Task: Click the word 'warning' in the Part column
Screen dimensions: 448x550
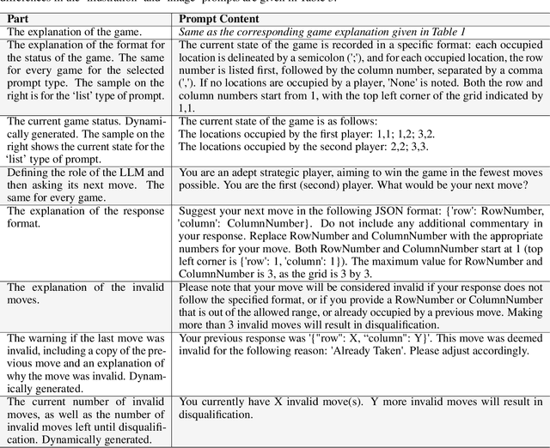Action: (x=43, y=339)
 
